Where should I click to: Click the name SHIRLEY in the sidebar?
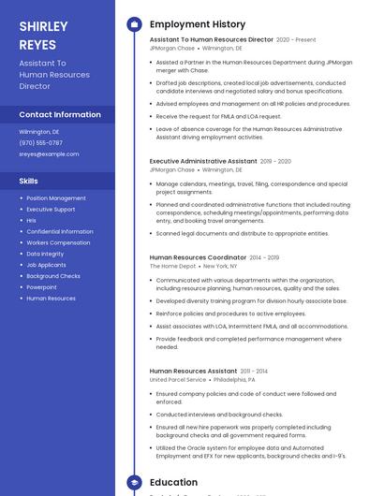(43, 26)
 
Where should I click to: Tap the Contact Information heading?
(60, 114)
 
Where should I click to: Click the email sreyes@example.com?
(49, 154)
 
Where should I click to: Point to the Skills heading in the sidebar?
(29, 181)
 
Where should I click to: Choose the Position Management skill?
(56, 198)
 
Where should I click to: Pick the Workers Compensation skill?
(58, 242)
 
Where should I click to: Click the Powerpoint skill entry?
(41, 287)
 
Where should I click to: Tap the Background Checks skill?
(53, 276)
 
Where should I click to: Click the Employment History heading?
(197, 23)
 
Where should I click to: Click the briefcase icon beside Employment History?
(133, 24)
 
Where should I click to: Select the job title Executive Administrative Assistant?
(203, 161)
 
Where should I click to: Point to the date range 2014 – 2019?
(265, 257)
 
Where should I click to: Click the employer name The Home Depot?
(173, 267)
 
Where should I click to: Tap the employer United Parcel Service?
(177, 380)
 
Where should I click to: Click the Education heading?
(173, 483)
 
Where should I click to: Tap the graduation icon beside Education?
(133, 483)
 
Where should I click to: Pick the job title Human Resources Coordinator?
(198, 257)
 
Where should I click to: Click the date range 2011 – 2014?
(254, 372)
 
